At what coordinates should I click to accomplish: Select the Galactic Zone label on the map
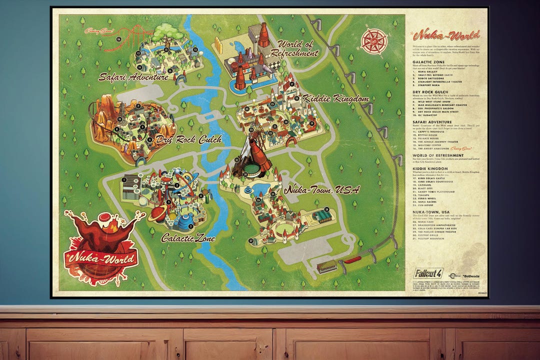[188, 238]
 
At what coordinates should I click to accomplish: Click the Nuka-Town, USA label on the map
[321, 189]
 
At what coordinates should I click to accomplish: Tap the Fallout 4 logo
[428, 273]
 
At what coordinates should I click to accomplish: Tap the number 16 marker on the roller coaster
[119, 38]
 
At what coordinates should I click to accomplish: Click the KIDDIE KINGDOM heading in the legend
[431, 168]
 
